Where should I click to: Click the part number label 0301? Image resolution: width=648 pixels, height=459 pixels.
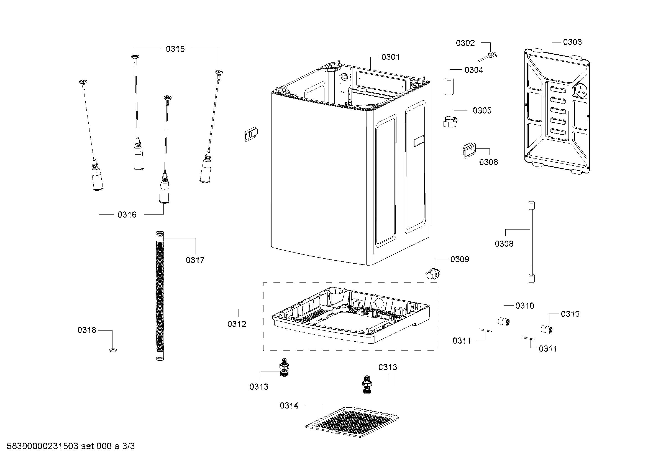pyautogui.click(x=390, y=57)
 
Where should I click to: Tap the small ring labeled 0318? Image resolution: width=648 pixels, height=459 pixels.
pyautogui.click(x=113, y=350)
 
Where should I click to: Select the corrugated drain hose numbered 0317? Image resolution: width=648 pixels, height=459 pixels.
pyautogui.click(x=160, y=296)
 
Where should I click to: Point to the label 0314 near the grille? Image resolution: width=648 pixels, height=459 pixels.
pyautogui.click(x=289, y=406)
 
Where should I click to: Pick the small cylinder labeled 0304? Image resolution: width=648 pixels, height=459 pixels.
pyautogui.click(x=449, y=86)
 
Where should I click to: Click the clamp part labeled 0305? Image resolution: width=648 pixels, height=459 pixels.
pyautogui.click(x=450, y=121)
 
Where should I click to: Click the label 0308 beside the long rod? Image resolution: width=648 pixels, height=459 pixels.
pyautogui.click(x=504, y=244)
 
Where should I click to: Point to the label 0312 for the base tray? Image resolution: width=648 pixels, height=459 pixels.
pyautogui.click(x=237, y=324)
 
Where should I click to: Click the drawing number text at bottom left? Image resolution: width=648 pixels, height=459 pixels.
pyautogui.click(x=71, y=446)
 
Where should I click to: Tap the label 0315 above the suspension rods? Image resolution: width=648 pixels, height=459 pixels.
pyautogui.click(x=175, y=49)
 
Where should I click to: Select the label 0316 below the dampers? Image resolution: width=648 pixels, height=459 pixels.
pyautogui.click(x=127, y=215)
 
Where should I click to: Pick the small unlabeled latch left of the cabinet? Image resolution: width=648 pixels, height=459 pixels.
pyautogui.click(x=251, y=134)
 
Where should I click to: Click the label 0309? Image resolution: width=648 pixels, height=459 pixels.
pyautogui.click(x=460, y=259)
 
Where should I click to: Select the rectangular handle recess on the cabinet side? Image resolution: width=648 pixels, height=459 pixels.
pyautogui.click(x=419, y=141)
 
